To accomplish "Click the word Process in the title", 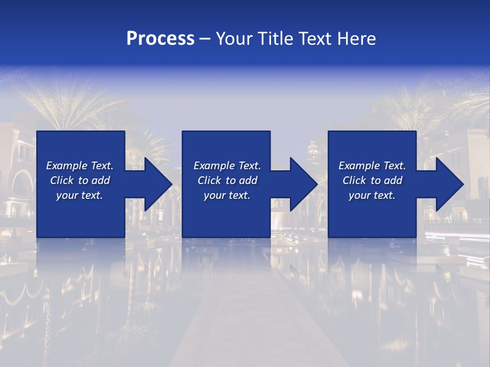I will (160, 39).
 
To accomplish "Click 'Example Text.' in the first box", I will (80, 166).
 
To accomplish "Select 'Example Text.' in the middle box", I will (227, 166).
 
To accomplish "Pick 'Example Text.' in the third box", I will (372, 166).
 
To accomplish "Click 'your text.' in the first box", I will (80, 195).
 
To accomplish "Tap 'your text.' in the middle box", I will (227, 195).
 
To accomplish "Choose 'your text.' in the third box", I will (372, 195).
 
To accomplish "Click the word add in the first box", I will (101, 180).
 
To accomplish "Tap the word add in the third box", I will (394, 180).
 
